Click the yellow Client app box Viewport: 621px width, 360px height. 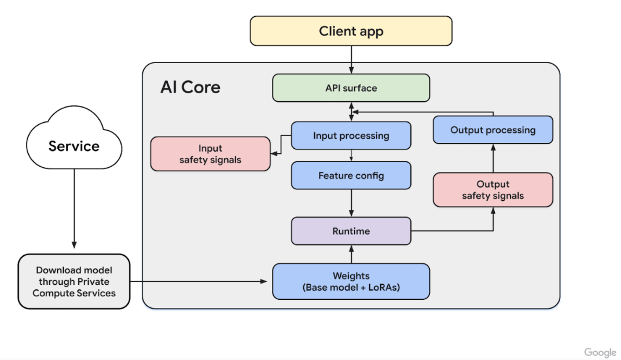pyautogui.click(x=351, y=31)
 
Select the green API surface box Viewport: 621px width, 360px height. pyautogui.click(x=351, y=88)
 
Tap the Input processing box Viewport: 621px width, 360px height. pyautogui.click(x=351, y=135)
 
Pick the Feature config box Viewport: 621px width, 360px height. pyautogui.click(x=351, y=175)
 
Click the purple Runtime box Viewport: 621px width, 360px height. pyautogui.click(x=351, y=231)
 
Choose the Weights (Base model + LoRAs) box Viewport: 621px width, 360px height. pyautogui.click(x=351, y=282)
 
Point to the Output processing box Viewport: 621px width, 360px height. pyautogui.click(x=493, y=130)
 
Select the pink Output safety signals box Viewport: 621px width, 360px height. pyautogui.click(x=493, y=190)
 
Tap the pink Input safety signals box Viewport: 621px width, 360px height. pyautogui.click(x=210, y=153)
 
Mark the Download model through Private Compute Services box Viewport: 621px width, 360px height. pyautogui.click(x=74, y=282)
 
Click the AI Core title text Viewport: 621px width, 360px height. pyautogui.click(x=190, y=87)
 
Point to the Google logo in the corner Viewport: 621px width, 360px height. pyautogui.click(x=600, y=352)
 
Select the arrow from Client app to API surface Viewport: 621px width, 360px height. pyautogui.click(x=351, y=60)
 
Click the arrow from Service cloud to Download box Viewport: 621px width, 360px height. pyautogui.click(x=74, y=209)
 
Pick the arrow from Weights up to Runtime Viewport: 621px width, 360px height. pyautogui.click(x=351, y=254)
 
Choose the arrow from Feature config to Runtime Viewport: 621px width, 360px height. pyautogui.click(x=351, y=203)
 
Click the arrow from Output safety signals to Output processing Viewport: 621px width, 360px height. pyautogui.click(x=493, y=159)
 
